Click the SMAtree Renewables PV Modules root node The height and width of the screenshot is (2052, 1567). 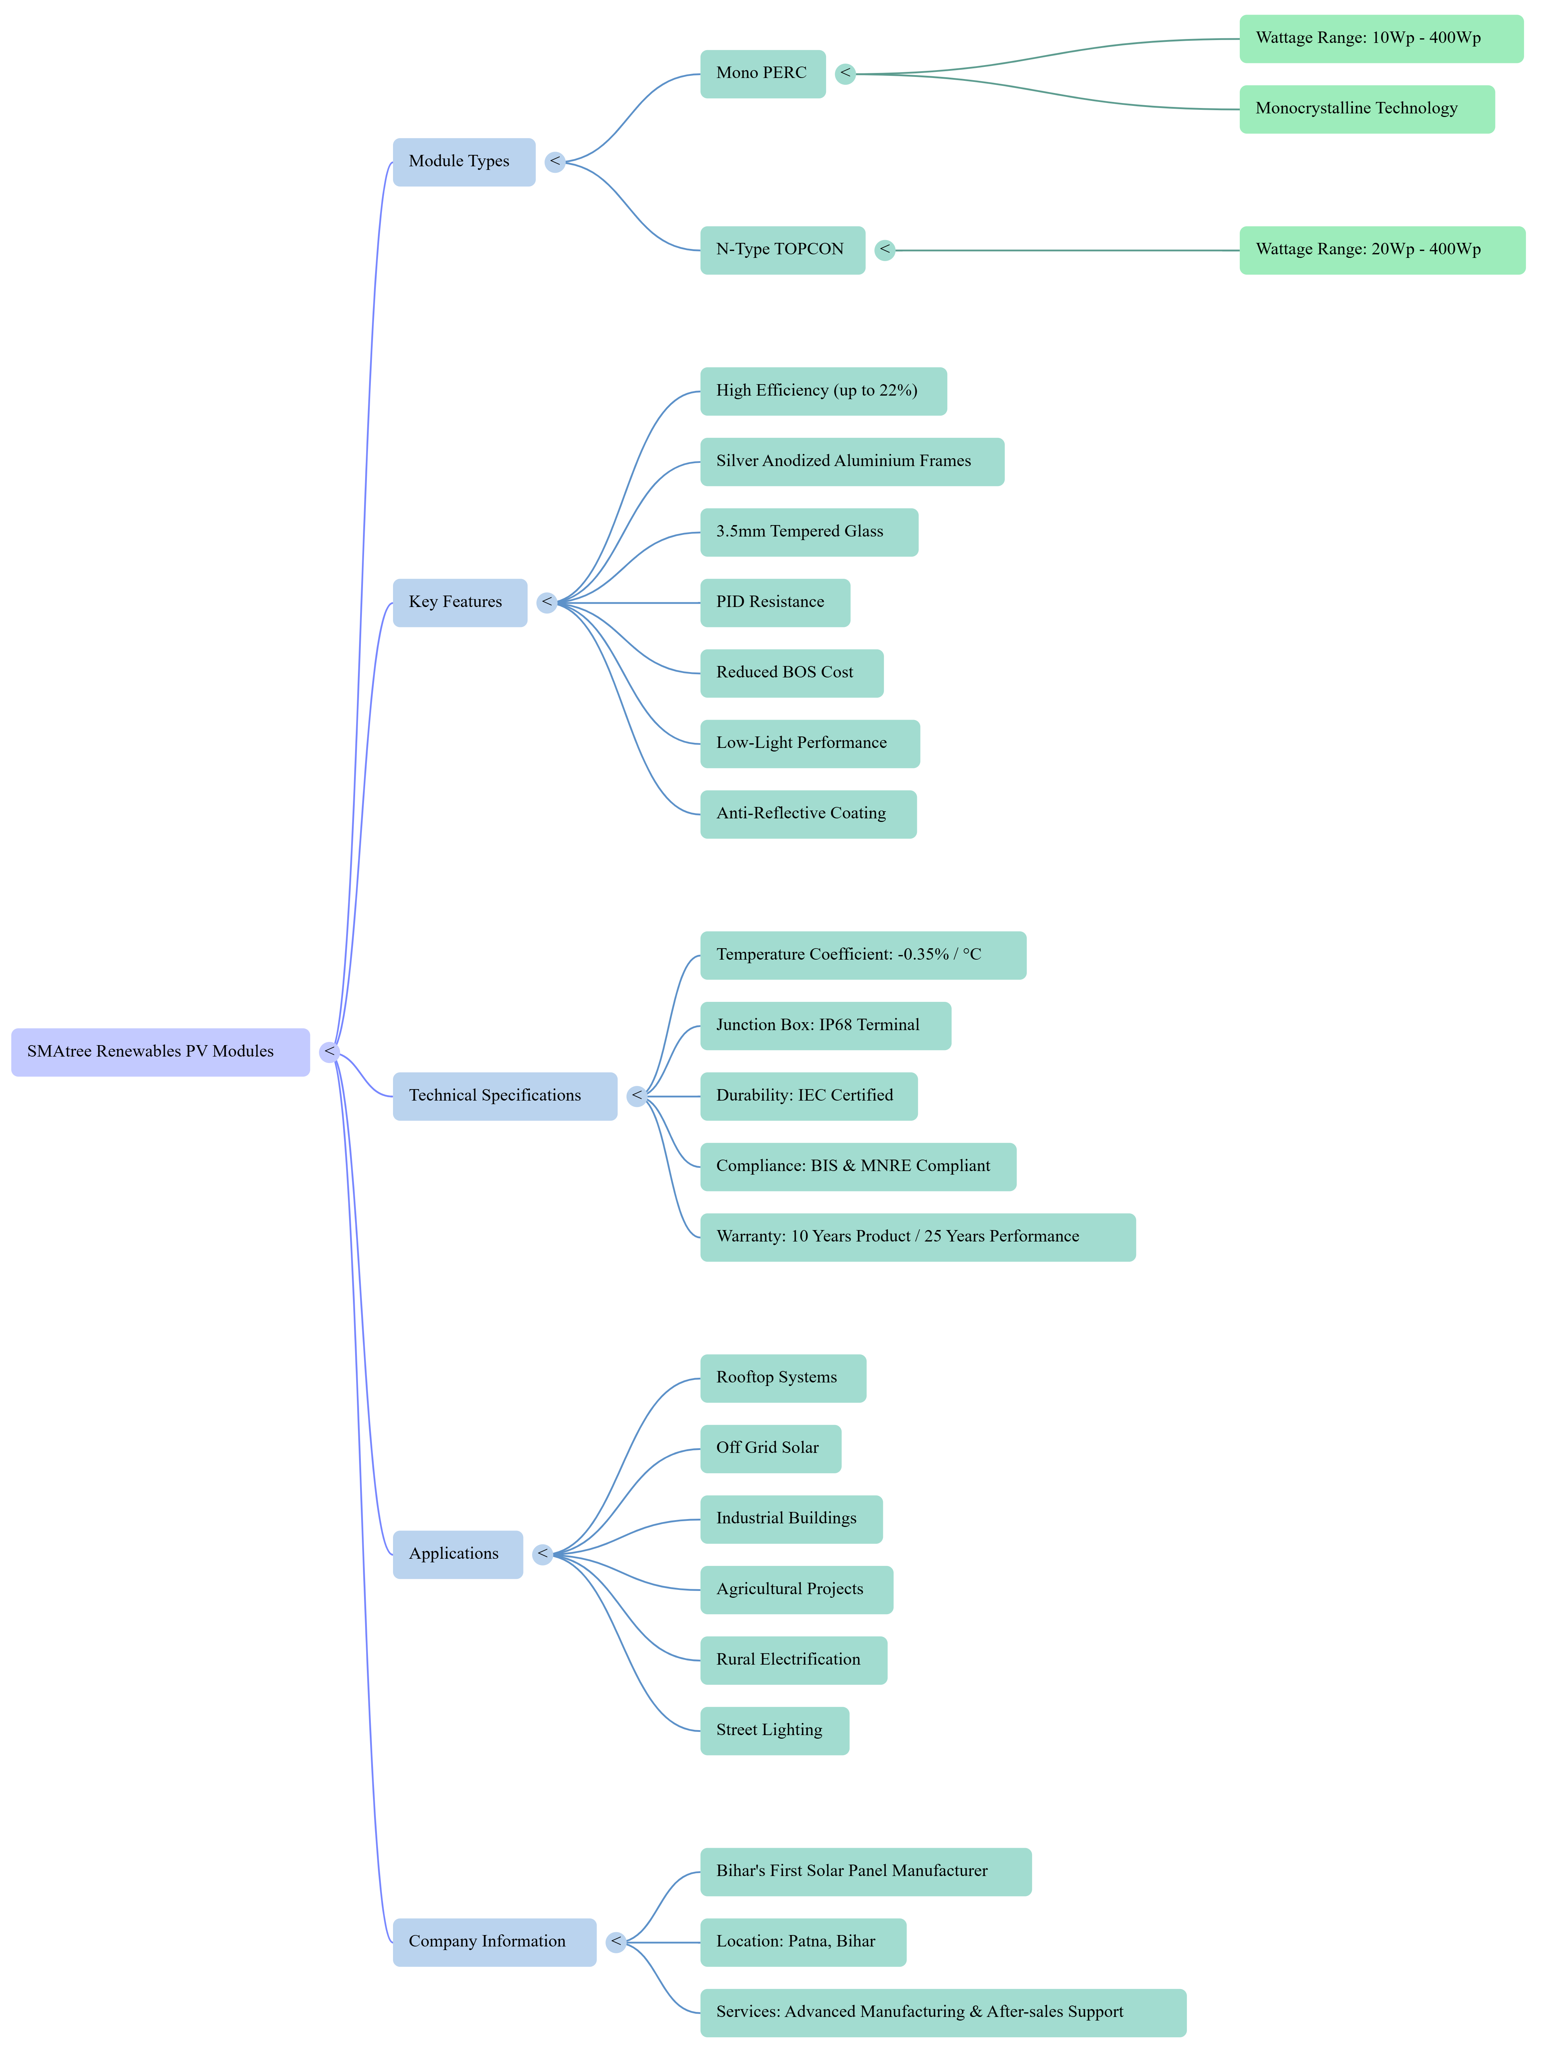point(159,1052)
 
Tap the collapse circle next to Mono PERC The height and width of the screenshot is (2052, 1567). point(845,74)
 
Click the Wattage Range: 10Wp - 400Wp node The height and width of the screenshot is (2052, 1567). point(1380,39)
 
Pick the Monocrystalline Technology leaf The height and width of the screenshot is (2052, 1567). point(1366,109)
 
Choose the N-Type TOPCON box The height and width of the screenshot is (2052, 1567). point(782,250)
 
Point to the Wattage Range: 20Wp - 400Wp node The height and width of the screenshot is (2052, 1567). point(1381,250)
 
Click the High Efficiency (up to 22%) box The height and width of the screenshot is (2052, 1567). point(823,391)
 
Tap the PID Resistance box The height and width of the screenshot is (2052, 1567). point(774,603)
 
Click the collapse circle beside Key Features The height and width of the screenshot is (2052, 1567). point(546,603)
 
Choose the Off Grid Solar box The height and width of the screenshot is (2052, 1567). point(770,1449)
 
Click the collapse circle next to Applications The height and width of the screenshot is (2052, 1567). point(542,1554)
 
